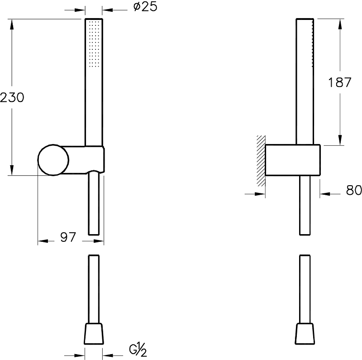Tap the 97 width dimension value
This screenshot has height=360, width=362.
(67, 237)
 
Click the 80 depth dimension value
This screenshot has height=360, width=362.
(353, 191)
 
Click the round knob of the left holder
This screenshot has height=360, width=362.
(53, 160)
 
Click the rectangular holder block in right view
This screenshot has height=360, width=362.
(293, 160)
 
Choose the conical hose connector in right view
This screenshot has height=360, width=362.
(304, 334)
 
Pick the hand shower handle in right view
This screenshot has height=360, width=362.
(304, 82)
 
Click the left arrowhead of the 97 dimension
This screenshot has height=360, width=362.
(42, 241)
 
